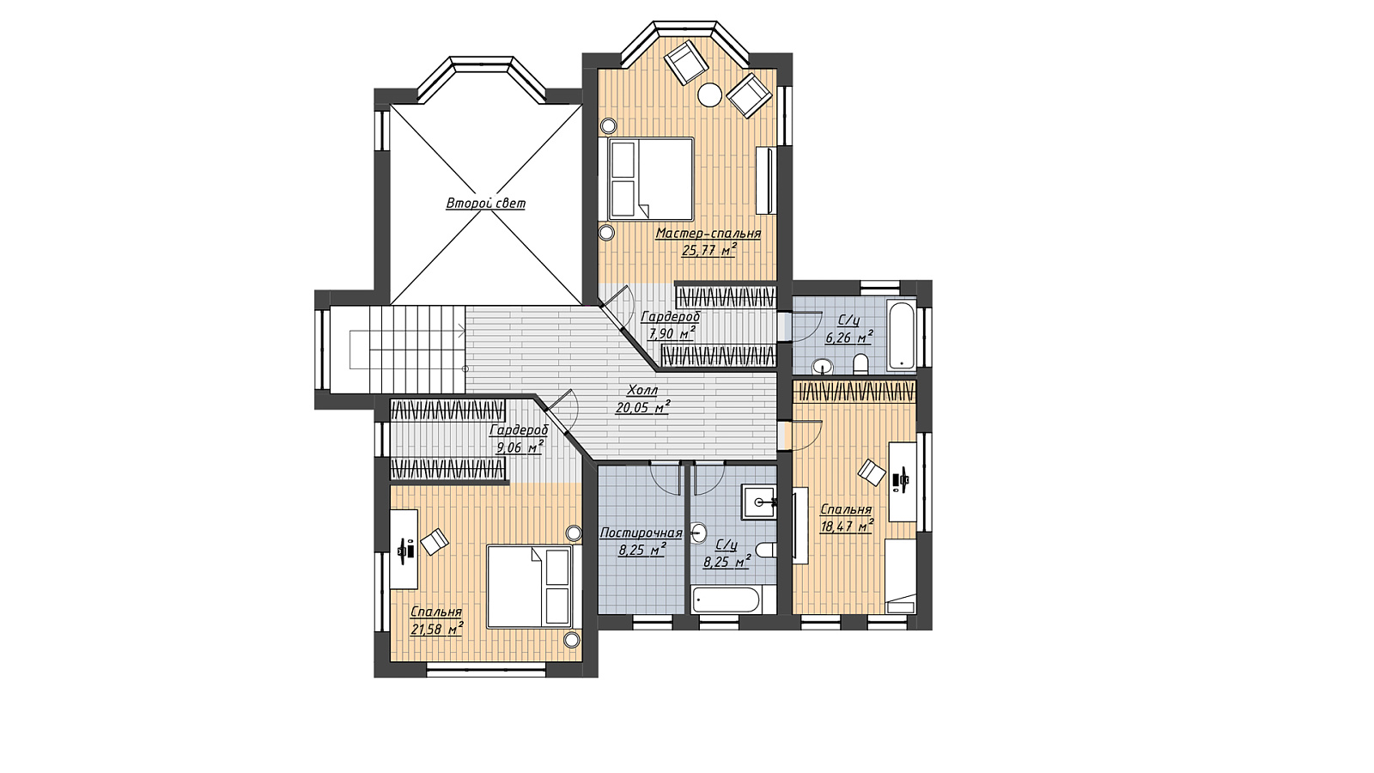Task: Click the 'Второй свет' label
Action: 485,203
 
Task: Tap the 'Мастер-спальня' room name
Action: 708,233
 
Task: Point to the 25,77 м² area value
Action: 708,249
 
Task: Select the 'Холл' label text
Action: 642,390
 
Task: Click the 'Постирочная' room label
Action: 641,533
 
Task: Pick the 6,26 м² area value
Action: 849,338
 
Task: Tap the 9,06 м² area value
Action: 520,447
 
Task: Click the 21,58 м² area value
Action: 437,629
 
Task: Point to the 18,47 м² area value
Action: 847,526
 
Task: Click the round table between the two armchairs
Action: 710,94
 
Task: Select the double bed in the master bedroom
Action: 650,179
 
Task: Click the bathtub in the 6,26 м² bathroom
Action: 901,334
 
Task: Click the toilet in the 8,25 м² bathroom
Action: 766,550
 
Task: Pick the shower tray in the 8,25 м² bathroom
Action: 759,502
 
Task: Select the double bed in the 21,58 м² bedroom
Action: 529,587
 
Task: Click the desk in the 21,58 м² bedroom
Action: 404,549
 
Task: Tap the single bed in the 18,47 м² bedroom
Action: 901,576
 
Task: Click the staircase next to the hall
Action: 398,349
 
